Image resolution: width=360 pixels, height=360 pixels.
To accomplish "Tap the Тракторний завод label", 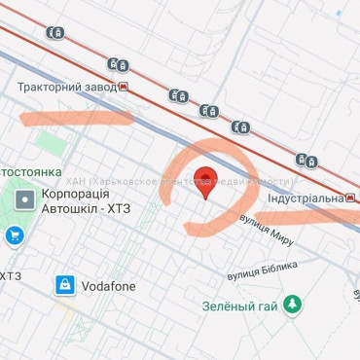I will tap(65, 87).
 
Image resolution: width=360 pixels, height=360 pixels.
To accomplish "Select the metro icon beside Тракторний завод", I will tap(124, 88).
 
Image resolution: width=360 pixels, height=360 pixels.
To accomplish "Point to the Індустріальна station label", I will tap(304, 198).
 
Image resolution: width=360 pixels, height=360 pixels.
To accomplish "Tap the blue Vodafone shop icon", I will tap(64, 285).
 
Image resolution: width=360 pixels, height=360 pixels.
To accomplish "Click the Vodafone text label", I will tap(108, 286).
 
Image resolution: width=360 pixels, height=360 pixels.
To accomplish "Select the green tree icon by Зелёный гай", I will tap(292, 306).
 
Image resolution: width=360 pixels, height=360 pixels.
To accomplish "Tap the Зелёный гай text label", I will tap(240, 307).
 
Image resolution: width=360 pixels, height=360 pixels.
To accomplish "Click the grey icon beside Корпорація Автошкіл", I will tap(23, 201).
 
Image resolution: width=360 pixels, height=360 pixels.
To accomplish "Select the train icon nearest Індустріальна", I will tap(307, 161).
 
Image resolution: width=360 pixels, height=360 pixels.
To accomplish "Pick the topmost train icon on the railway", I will tap(55, 32).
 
